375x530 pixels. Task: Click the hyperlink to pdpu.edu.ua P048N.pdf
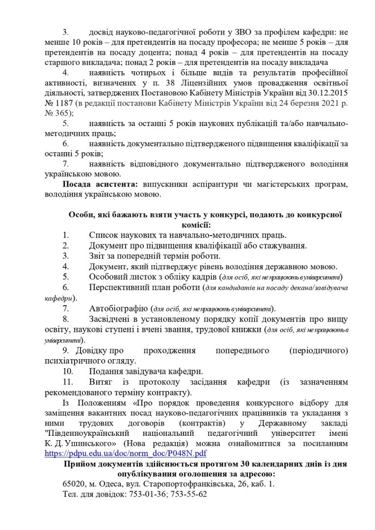125,453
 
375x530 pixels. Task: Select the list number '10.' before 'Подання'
69,371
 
